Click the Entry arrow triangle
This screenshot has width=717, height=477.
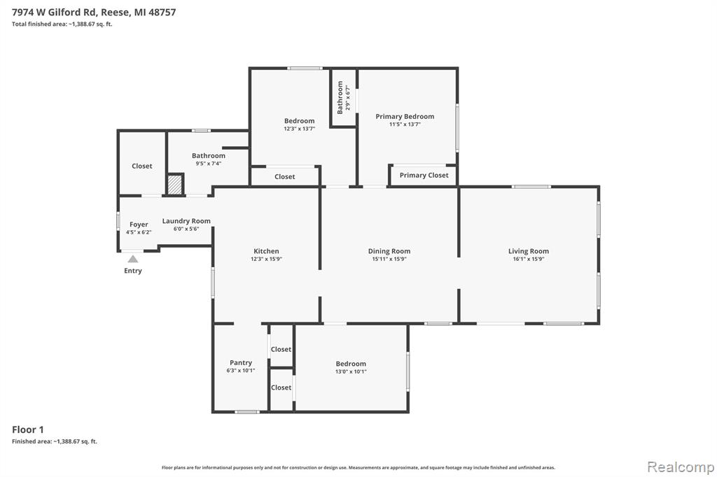(x=132, y=259)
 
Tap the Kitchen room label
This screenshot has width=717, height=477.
(x=266, y=251)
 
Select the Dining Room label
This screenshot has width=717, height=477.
(x=389, y=251)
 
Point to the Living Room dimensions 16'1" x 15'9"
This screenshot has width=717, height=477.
(x=529, y=259)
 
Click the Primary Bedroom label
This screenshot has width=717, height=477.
(x=405, y=117)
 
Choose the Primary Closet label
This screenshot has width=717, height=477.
(x=424, y=175)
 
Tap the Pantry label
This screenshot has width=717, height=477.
(x=241, y=363)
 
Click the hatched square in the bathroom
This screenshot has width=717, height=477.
(x=174, y=185)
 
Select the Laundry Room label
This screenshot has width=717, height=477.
(x=186, y=221)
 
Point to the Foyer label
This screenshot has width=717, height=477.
(x=139, y=225)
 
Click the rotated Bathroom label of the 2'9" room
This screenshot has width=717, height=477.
(x=340, y=98)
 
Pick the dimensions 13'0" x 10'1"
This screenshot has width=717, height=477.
(x=351, y=372)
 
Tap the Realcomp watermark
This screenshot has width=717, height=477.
(x=681, y=467)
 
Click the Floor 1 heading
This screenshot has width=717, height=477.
(x=28, y=429)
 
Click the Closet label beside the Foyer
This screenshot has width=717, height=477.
(x=141, y=166)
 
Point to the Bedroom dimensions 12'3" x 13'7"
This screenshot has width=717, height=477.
(x=299, y=129)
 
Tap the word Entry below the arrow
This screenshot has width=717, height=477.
(x=132, y=271)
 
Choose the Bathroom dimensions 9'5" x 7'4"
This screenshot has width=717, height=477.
(x=209, y=164)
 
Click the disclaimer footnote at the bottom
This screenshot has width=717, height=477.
(x=358, y=467)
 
